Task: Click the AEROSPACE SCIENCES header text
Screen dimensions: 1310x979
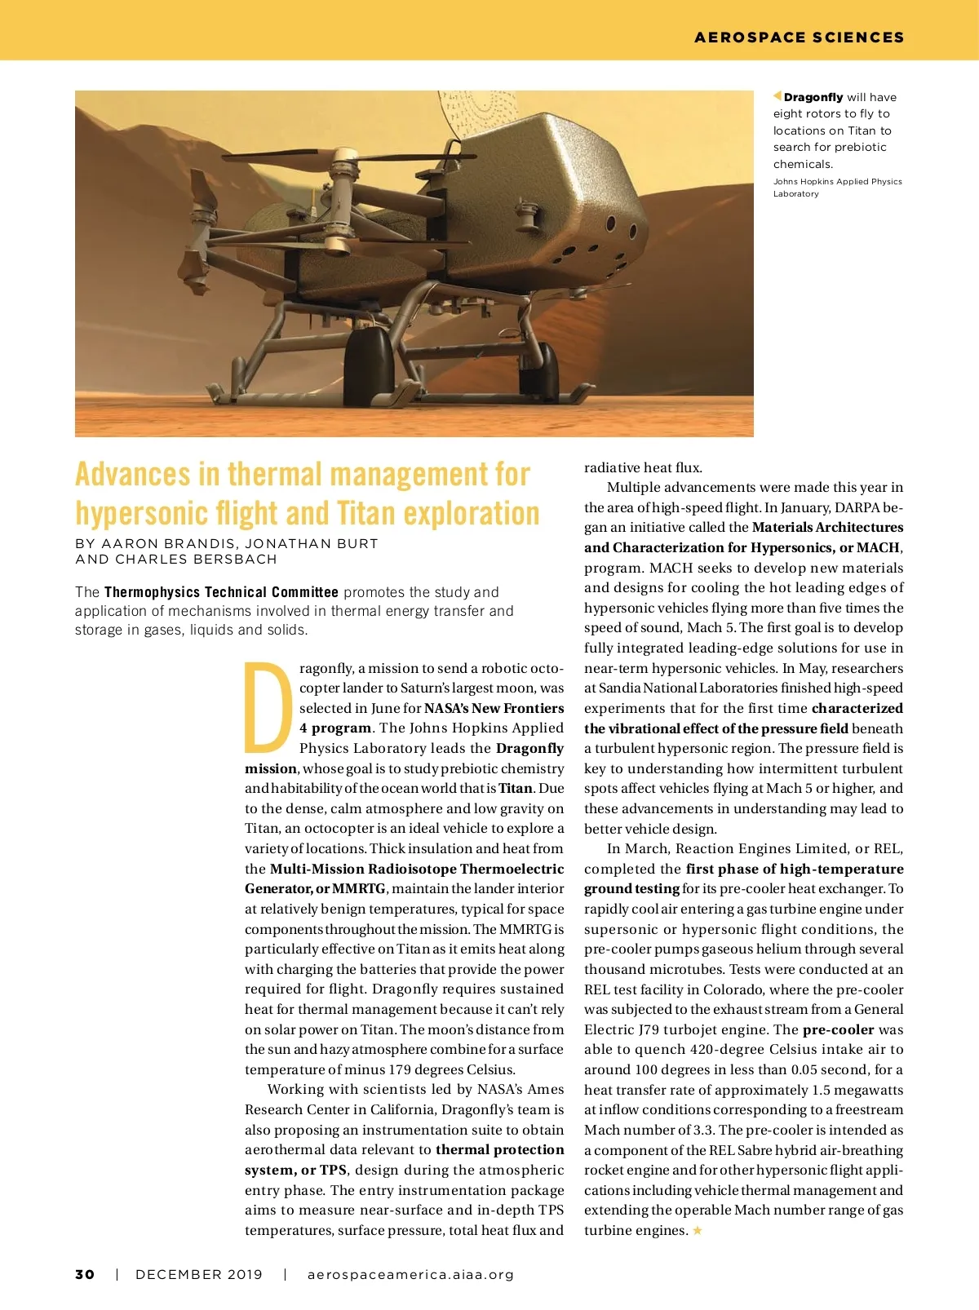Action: pyautogui.click(x=799, y=38)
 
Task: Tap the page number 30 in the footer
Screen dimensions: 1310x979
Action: pyautogui.click(x=85, y=1274)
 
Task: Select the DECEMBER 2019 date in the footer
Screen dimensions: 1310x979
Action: pyautogui.click(x=199, y=1274)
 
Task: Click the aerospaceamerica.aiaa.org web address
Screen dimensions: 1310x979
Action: pyautogui.click(x=410, y=1274)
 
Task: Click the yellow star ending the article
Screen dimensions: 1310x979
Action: pyautogui.click(x=698, y=1230)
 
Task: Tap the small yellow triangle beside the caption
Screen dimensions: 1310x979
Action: pyautogui.click(x=777, y=96)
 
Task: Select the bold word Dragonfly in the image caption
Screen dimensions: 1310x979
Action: pyautogui.click(x=813, y=97)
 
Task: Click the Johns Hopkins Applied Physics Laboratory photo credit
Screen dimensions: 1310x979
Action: pyautogui.click(x=837, y=188)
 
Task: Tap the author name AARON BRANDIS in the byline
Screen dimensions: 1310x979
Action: pyautogui.click(x=167, y=543)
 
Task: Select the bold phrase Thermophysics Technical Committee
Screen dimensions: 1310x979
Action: pyautogui.click(x=221, y=592)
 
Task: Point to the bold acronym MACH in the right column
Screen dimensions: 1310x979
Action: pyautogui.click(x=878, y=547)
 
